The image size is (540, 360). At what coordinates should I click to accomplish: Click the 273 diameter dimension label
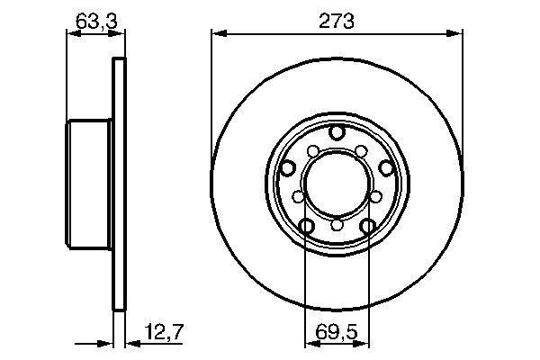336,19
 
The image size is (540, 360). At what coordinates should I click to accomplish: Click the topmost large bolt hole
337,133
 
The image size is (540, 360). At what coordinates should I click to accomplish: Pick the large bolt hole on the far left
288,167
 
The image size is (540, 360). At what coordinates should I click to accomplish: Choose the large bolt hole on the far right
385,167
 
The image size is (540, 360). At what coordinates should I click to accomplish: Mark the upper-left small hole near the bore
312,150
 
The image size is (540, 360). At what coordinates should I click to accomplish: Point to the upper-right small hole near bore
361,150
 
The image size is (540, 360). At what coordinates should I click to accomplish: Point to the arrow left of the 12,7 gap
103,342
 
